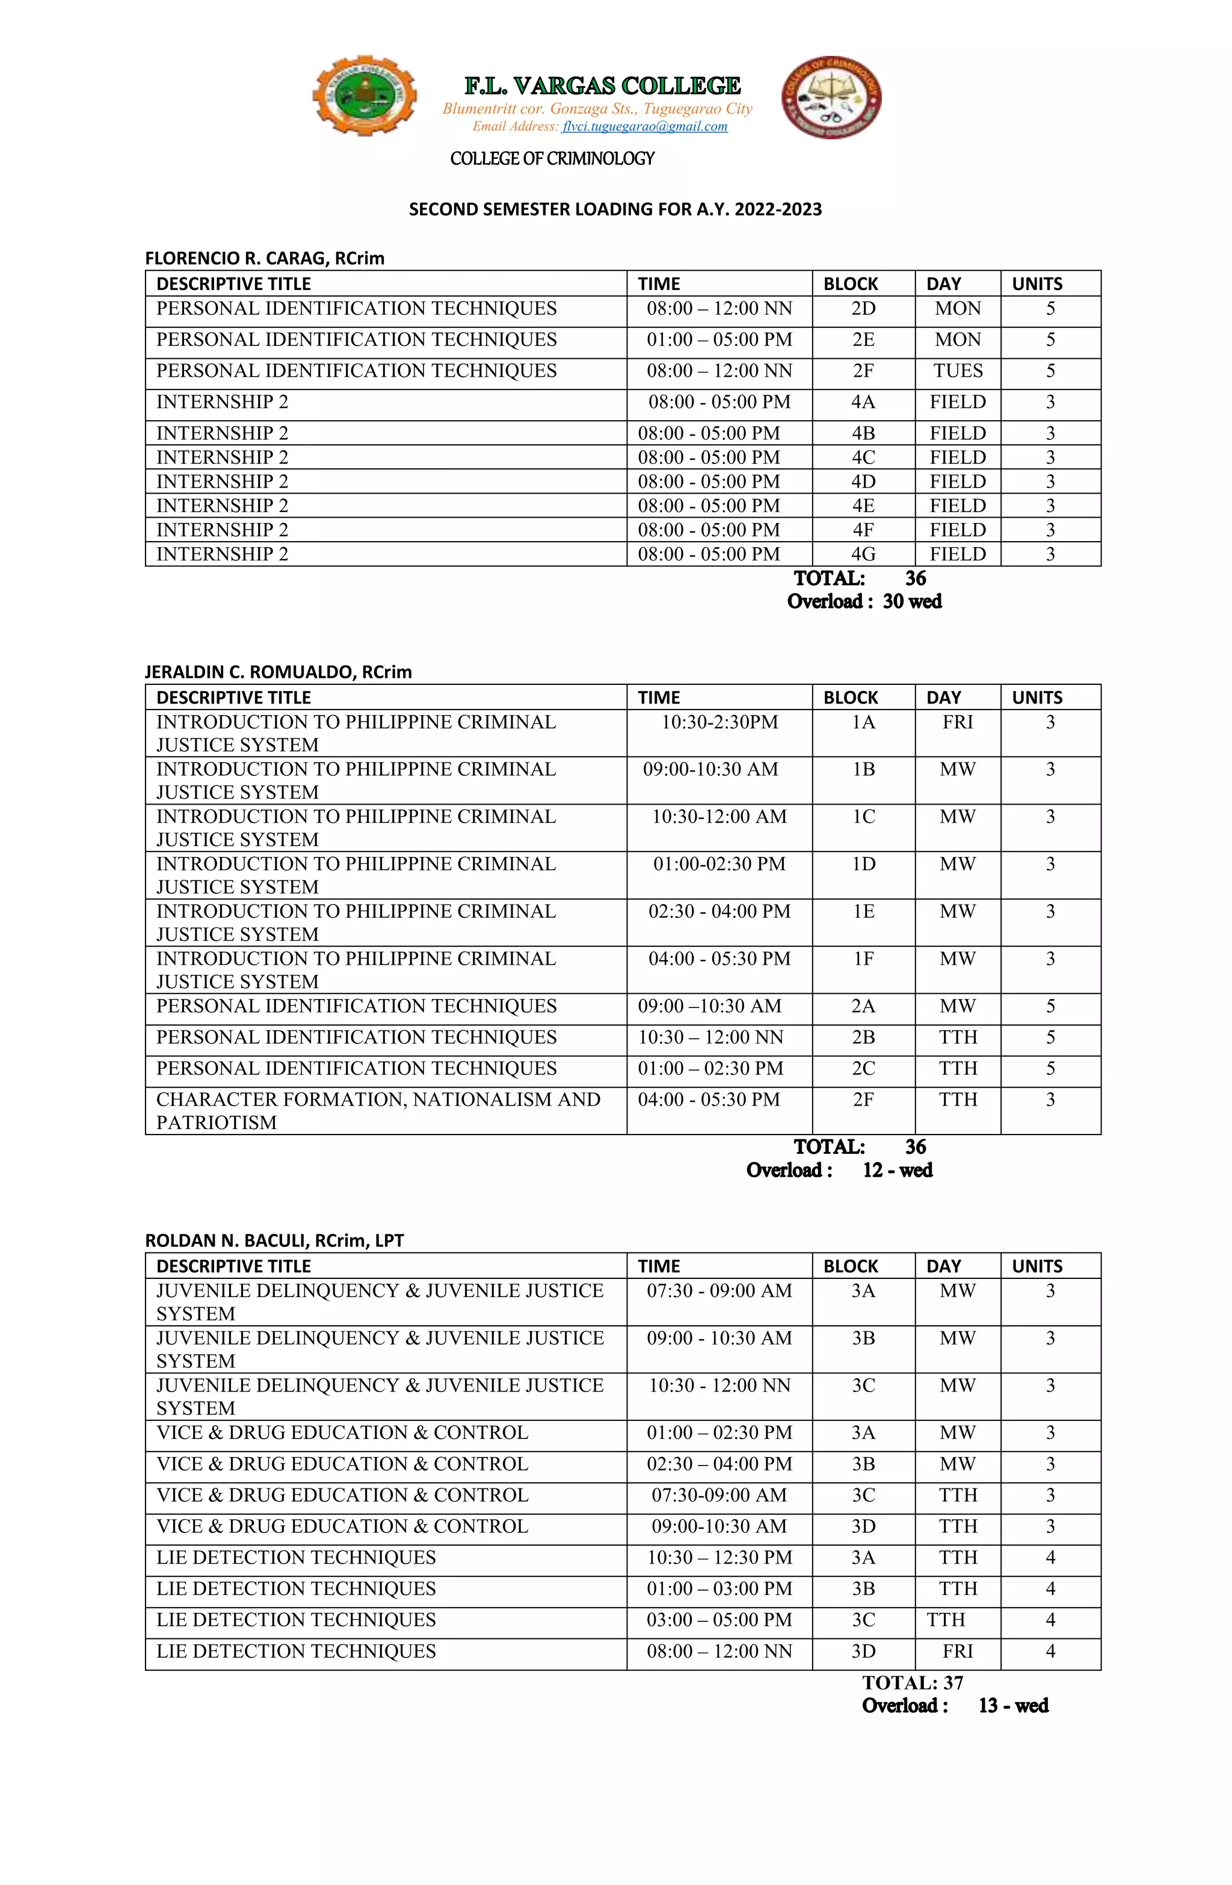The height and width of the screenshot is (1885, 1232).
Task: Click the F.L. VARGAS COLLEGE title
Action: tap(602, 85)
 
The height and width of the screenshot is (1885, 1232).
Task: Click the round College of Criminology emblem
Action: tap(831, 97)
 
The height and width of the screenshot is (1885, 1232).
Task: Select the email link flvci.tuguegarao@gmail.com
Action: tap(644, 127)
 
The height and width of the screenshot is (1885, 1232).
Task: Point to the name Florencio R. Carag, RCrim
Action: tap(265, 258)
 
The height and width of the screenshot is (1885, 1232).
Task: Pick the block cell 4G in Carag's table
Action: tap(863, 554)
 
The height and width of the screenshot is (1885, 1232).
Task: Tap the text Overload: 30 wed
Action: tap(864, 602)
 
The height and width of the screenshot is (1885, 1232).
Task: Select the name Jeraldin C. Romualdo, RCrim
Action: tap(278, 672)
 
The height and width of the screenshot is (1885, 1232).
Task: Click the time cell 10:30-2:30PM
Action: tap(719, 722)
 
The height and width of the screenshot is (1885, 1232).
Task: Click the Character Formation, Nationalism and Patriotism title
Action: tap(378, 1110)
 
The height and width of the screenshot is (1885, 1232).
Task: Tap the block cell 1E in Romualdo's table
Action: tap(863, 912)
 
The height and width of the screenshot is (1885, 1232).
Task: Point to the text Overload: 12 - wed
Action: tap(839, 1171)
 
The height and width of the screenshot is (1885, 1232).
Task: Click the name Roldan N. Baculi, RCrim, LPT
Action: tap(274, 1241)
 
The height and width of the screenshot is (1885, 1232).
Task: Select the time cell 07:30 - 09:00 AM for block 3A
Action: tap(719, 1291)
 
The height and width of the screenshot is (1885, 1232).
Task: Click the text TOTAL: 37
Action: tap(912, 1683)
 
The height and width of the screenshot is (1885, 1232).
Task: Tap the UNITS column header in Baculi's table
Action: tap(1036, 1266)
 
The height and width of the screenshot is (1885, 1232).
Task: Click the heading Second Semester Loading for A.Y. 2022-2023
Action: tap(615, 210)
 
